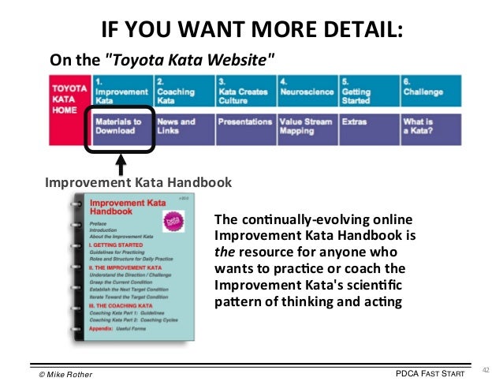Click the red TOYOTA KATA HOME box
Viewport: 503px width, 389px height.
point(69,110)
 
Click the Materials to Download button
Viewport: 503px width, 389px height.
point(121,128)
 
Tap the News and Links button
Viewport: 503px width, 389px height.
point(182,128)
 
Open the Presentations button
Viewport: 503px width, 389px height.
point(244,124)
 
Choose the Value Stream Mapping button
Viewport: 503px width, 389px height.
point(307,128)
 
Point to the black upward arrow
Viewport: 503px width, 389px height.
point(121,163)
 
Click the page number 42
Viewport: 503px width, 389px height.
point(485,368)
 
